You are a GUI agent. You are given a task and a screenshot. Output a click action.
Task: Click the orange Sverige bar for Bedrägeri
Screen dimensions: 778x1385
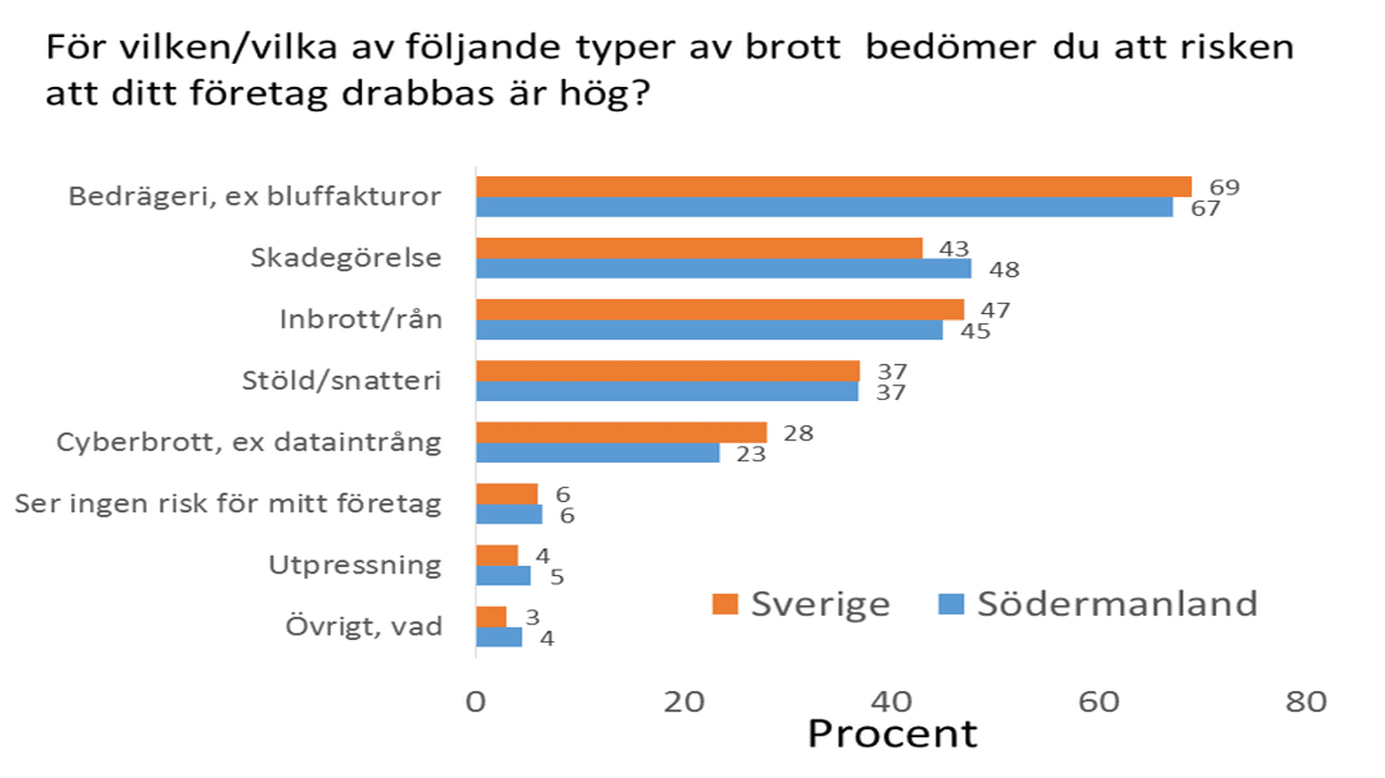tap(833, 187)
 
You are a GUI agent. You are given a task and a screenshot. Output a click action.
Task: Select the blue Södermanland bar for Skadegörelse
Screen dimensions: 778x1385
tap(724, 269)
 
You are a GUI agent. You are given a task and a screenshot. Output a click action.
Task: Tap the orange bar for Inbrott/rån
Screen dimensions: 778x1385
tap(720, 309)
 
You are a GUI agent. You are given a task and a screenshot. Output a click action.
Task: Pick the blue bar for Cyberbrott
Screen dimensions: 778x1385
tap(597, 453)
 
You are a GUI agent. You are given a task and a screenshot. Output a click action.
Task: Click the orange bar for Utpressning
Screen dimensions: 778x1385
tap(497, 556)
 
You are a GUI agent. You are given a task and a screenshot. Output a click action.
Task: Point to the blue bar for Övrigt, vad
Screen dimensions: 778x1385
tap(498, 637)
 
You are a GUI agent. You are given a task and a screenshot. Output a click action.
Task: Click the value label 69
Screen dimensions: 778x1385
tap(1224, 187)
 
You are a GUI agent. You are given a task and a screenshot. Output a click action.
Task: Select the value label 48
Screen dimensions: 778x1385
tap(1004, 270)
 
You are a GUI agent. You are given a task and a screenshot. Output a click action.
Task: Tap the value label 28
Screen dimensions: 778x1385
tap(798, 433)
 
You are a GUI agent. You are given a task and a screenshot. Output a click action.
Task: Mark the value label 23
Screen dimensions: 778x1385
tap(750, 454)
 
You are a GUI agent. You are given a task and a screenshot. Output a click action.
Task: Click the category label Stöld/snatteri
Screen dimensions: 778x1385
tap(341, 381)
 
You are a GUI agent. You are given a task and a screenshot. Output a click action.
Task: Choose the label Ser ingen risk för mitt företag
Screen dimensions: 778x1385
tap(228, 503)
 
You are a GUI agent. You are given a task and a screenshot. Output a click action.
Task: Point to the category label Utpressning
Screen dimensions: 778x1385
tap(355, 565)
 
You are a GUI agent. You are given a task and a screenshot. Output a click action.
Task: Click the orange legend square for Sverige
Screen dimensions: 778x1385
tap(724, 604)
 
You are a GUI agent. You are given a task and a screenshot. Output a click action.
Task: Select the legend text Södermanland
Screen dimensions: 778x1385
tap(1117, 604)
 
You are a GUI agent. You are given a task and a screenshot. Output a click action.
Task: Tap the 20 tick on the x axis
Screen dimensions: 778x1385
tap(683, 702)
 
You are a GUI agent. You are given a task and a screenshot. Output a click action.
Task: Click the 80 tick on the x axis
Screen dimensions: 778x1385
tap(1306, 702)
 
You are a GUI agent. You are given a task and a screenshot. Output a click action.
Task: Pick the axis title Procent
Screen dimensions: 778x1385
tap(892, 734)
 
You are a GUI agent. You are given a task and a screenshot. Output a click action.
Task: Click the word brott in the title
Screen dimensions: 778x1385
tap(793, 48)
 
